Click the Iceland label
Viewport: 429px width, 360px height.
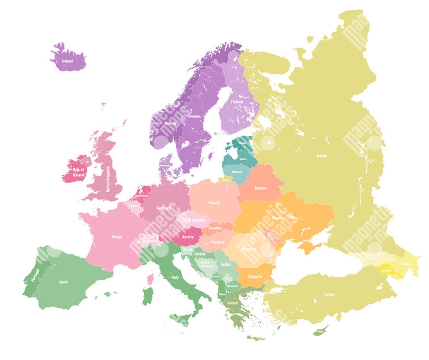click(68, 61)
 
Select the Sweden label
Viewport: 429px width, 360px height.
click(194, 116)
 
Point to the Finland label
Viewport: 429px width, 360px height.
click(237, 102)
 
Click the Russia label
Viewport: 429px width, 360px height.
click(321, 156)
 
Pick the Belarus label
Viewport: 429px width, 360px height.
click(260, 188)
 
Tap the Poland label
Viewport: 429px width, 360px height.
click(214, 203)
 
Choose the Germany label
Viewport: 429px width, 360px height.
click(164, 208)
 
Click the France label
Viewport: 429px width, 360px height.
click(117, 237)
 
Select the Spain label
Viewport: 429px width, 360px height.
click(64, 282)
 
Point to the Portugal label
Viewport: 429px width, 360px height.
click(36, 275)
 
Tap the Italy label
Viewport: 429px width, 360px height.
click(175, 277)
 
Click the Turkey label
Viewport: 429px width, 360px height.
click(329, 294)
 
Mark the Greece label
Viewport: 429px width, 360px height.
click(233, 303)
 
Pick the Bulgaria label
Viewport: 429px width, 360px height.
click(255, 277)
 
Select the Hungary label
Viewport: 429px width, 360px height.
click(218, 242)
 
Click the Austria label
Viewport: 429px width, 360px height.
click(188, 237)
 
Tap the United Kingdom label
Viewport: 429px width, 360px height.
click(108, 179)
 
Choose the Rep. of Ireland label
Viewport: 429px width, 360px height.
click(78, 172)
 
